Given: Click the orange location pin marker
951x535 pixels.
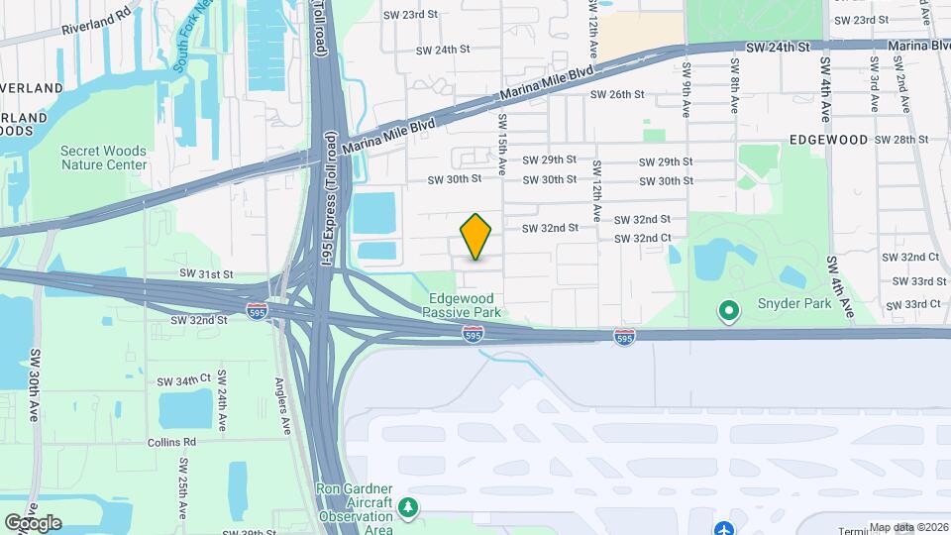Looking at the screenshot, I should pyautogui.click(x=476, y=237).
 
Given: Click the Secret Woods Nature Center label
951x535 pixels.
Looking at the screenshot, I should pyautogui.click(x=104, y=158).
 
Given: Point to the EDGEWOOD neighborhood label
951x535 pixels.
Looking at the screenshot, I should pyautogui.click(x=828, y=140).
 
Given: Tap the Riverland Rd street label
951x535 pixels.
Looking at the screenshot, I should pyautogui.click(x=95, y=16).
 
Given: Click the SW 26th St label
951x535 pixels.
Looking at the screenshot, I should pyautogui.click(x=617, y=95).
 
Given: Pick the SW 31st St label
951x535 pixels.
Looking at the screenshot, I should pyautogui.click(x=206, y=273).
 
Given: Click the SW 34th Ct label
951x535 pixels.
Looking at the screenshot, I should pyautogui.click(x=185, y=380).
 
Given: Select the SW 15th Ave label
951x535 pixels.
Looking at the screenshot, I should pyautogui.click(x=502, y=145).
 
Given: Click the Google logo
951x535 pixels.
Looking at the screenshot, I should pyautogui.click(x=33, y=523).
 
